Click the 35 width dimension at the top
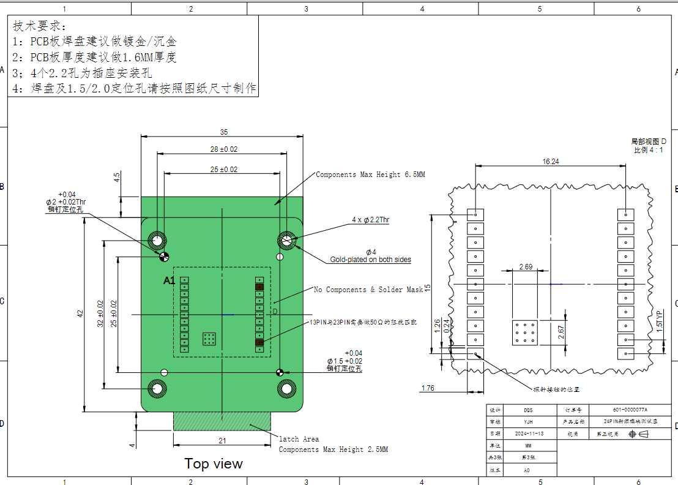pos(223,132)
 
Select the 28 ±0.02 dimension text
pos(223,149)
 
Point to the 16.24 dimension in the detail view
pos(550,161)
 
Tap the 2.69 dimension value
pos(526,266)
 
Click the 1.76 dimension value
pos(428,388)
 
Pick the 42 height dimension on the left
pos(80,314)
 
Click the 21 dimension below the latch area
pos(222,440)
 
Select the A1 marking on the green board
pos(169,280)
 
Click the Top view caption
pos(214,464)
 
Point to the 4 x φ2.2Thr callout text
pos(370,220)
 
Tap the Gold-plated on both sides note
pos(370,260)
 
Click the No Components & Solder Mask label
pos(368,290)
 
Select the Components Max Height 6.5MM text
pos(370,175)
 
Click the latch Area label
pos(299,439)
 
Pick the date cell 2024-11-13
pos(528,434)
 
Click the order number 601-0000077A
pos(630,410)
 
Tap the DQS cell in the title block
pos(528,410)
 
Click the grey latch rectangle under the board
pos(222,421)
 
